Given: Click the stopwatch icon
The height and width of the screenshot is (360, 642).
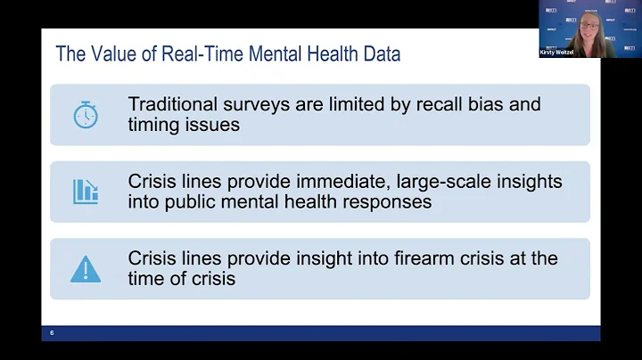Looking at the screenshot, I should point(86,115).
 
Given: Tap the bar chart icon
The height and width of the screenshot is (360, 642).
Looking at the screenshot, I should point(86,191).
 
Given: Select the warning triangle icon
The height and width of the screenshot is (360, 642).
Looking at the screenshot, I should point(86,268).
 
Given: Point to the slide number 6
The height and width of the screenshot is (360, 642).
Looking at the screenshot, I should point(52,332).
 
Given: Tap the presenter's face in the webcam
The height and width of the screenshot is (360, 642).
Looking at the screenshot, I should point(589,24).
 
